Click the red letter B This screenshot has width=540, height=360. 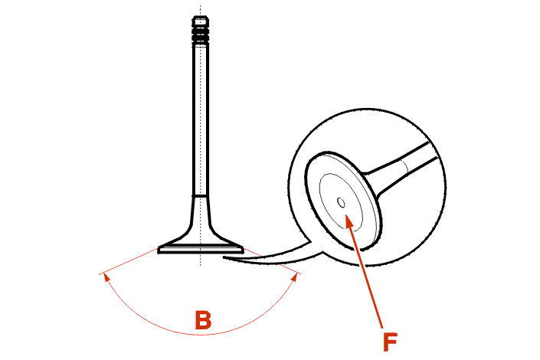click(203, 320)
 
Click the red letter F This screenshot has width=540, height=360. click(390, 342)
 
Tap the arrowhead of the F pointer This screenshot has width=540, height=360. click(349, 221)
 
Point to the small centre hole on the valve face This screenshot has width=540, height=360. click(341, 203)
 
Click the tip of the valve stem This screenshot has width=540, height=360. click(201, 16)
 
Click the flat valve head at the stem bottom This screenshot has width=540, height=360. click(201, 249)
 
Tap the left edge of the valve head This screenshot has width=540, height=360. click(159, 250)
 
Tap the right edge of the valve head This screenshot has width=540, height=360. click(243, 250)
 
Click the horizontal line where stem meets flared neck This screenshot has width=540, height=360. click(201, 195)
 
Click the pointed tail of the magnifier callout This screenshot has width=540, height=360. click(224, 257)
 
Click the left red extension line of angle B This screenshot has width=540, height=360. click(129, 260)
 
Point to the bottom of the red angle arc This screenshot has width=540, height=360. click(201, 334)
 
